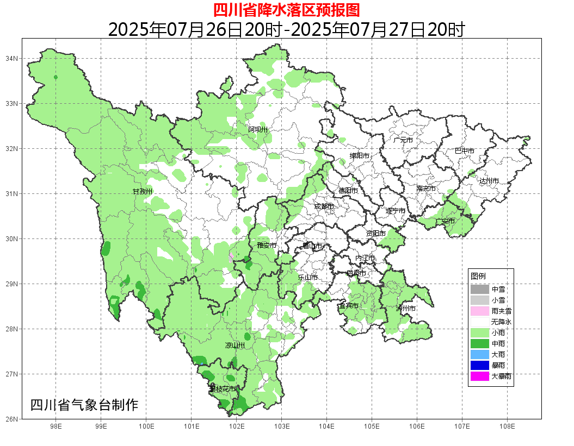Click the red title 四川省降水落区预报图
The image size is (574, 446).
coord(286,10)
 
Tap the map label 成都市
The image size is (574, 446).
coord(324,206)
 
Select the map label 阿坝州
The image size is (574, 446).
coord(258,129)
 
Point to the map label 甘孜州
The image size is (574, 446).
coord(143,192)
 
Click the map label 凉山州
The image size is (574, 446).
coord(235,346)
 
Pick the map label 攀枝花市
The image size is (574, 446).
coord(223,389)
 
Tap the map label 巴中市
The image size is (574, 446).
coord(465,151)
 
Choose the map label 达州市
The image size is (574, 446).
coord(489,181)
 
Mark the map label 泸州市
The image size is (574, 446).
coord(406,309)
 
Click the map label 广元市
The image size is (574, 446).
coord(403,140)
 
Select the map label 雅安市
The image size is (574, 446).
coord(267,246)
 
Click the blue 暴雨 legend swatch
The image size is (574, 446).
coord(480,365)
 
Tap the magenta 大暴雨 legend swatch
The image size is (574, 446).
coord(480,376)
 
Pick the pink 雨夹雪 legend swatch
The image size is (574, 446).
coord(480,311)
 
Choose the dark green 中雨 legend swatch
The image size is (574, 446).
coord(480,343)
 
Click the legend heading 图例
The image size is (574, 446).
coord(478,276)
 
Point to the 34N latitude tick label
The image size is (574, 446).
coord(12,58)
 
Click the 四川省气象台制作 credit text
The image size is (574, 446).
coord(84,405)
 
